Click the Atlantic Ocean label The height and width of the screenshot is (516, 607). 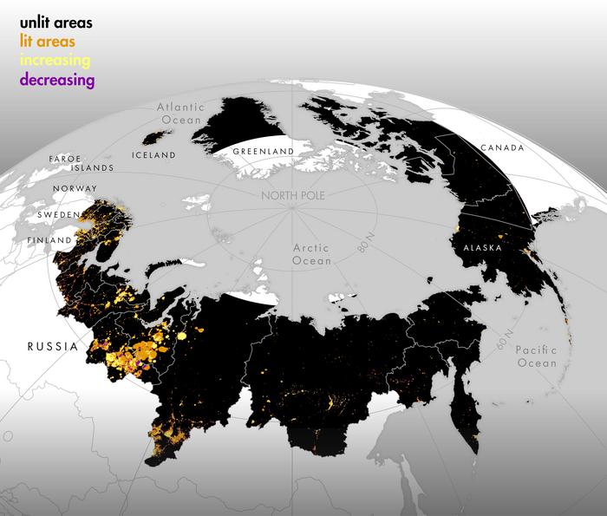pos(179,114)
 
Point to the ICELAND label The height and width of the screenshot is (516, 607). pos(154,155)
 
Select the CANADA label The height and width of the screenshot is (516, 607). pos(502,148)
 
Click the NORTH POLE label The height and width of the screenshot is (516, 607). pos(293,196)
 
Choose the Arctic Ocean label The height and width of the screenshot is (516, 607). pos(311,252)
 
